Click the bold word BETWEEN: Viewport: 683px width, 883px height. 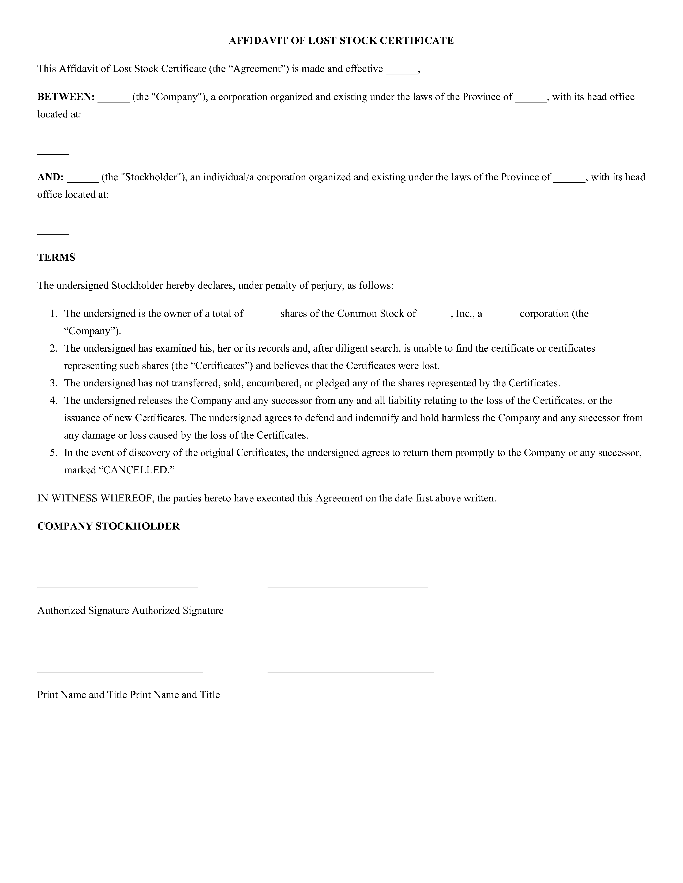(66, 97)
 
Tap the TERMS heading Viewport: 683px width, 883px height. (56, 257)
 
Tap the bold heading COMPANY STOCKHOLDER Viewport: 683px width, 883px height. (108, 526)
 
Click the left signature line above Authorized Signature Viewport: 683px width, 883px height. (117, 587)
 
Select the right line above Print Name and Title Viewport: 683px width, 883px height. (350, 672)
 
